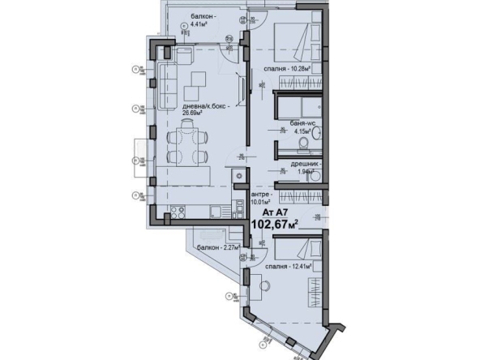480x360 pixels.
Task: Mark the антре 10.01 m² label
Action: pos(263,199)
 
